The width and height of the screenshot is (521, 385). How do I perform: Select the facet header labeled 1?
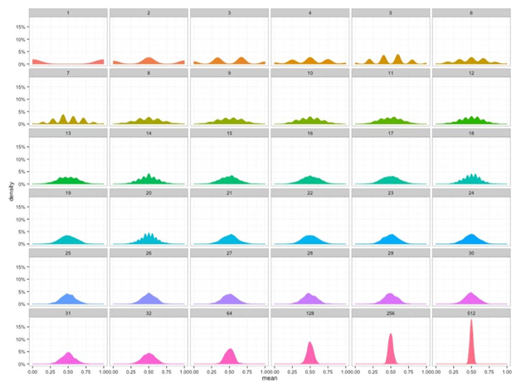click(68, 13)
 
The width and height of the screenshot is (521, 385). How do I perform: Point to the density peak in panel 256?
click(391, 337)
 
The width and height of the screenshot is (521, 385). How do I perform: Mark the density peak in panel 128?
click(310, 344)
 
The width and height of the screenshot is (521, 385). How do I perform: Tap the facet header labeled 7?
click(68, 73)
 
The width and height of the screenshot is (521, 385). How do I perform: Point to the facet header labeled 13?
click(68, 134)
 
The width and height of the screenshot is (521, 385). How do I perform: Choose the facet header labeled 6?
click(470, 13)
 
